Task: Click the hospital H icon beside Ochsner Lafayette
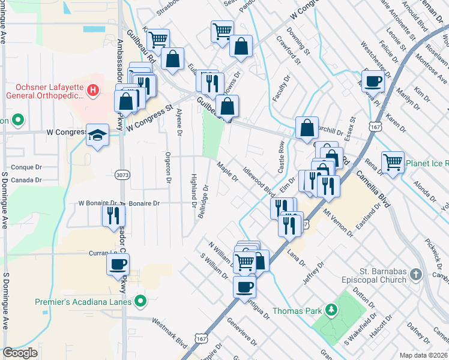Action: point(92,91)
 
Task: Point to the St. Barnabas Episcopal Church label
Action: point(375,275)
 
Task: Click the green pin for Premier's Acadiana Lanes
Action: point(141,301)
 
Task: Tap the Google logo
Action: point(20,353)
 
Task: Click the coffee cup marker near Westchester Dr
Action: point(373,80)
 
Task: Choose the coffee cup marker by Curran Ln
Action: point(118,263)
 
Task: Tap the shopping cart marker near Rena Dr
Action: point(393,161)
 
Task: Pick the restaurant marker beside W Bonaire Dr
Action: point(113,215)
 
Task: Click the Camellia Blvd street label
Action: point(372,188)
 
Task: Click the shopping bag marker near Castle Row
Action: point(307,127)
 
